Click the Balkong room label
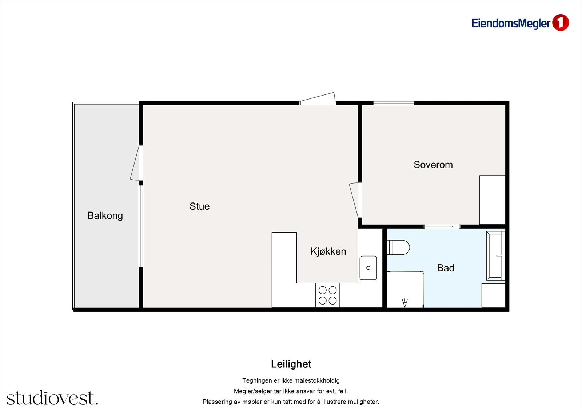click(105, 216)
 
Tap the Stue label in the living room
click(199, 206)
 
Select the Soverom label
click(433, 165)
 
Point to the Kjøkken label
click(328, 251)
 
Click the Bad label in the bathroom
click(446, 268)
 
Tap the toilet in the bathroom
click(398, 247)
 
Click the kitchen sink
click(368, 268)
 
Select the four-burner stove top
click(327, 295)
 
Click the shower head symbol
click(404, 303)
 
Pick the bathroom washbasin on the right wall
click(495, 256)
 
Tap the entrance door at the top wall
click(318, 99)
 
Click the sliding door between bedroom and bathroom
click(442, 227)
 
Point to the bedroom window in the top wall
click(394, 103)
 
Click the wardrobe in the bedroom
click(492, 200)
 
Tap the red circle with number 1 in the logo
click(561, 23)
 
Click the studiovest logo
click(52, 398)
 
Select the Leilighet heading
click(291, 364)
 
